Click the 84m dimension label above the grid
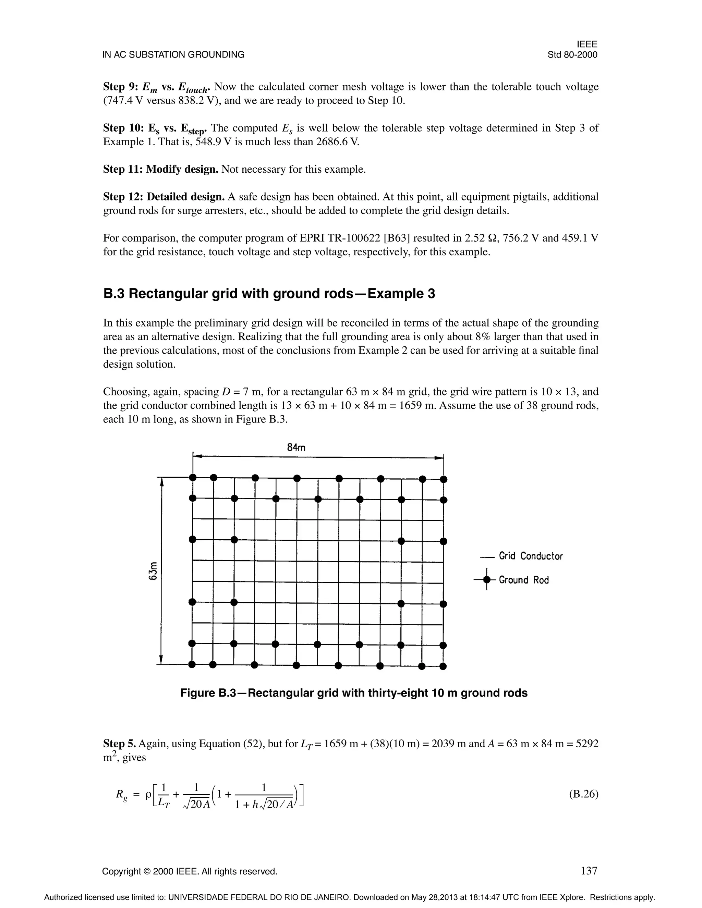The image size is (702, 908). click(296, 447)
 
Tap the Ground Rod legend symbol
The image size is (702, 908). click(487, 579)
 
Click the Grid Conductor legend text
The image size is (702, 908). click(531, 556)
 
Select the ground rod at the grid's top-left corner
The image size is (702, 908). click(193, 477)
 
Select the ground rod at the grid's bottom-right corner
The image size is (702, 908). click(443, 666)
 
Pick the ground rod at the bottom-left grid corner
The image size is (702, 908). click(192, 664)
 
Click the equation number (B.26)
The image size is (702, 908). click(583, 794)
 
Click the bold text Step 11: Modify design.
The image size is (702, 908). click(160, 169)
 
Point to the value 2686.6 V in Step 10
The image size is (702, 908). click(337, 142)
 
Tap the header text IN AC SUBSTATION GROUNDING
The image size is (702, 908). click(173, 55)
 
